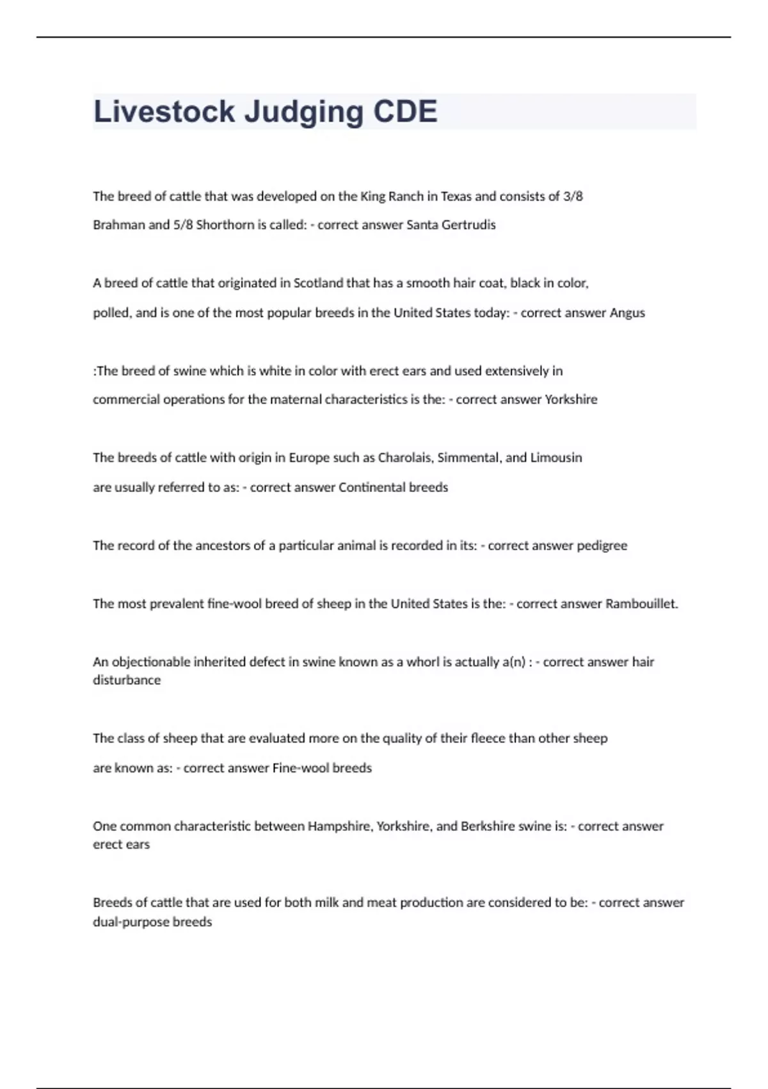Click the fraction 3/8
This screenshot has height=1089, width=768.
click(573, 196)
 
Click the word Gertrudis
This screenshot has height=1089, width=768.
click(468, 225)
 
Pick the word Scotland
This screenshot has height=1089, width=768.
click(318, 283)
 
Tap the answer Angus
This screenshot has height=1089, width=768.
click(627, 313)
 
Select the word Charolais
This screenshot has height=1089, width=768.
click(405, 457)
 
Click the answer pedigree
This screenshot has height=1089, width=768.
click(602, 545)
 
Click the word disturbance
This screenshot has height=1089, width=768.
click(127, 680)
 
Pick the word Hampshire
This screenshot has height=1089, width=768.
click(339, 826)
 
